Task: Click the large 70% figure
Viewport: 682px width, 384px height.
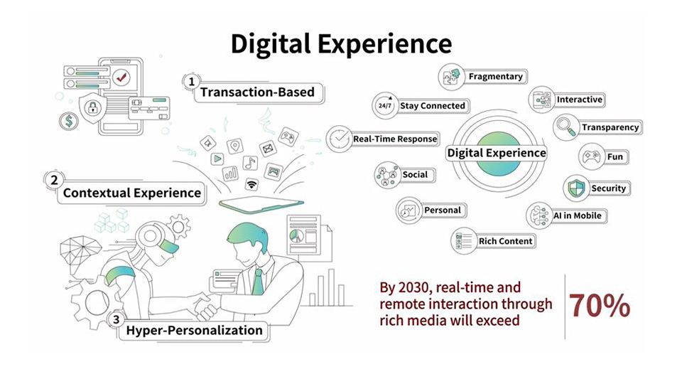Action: point(600,305)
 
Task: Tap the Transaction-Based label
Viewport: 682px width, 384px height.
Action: point(257,92)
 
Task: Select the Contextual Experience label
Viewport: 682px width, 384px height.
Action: point(132,193)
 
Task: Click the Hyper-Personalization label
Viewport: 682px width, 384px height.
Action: point(194,331)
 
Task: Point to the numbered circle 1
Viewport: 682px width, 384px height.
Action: point(191,81)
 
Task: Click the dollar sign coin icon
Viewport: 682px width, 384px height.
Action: point(69,121)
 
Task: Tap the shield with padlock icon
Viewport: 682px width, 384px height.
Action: point(92,107)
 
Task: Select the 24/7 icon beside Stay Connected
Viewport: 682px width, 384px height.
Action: point(385,105)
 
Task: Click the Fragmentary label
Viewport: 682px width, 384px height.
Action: point(495,77)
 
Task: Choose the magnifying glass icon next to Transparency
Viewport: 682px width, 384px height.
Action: point(566,127)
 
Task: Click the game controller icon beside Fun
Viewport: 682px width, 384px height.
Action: point(591,156)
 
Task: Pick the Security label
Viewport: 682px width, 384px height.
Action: point(608,188)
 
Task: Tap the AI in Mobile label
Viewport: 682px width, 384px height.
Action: point(577,215)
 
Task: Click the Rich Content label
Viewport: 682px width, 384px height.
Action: point(505,241)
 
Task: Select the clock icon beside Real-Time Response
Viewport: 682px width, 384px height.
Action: point(339,139)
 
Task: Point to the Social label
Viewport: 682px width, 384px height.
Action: point(415,175)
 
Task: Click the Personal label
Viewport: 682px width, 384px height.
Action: point(443,210)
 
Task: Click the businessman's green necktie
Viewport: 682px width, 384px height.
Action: point(257,282)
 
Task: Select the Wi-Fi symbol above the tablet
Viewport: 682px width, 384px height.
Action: point(251,185)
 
